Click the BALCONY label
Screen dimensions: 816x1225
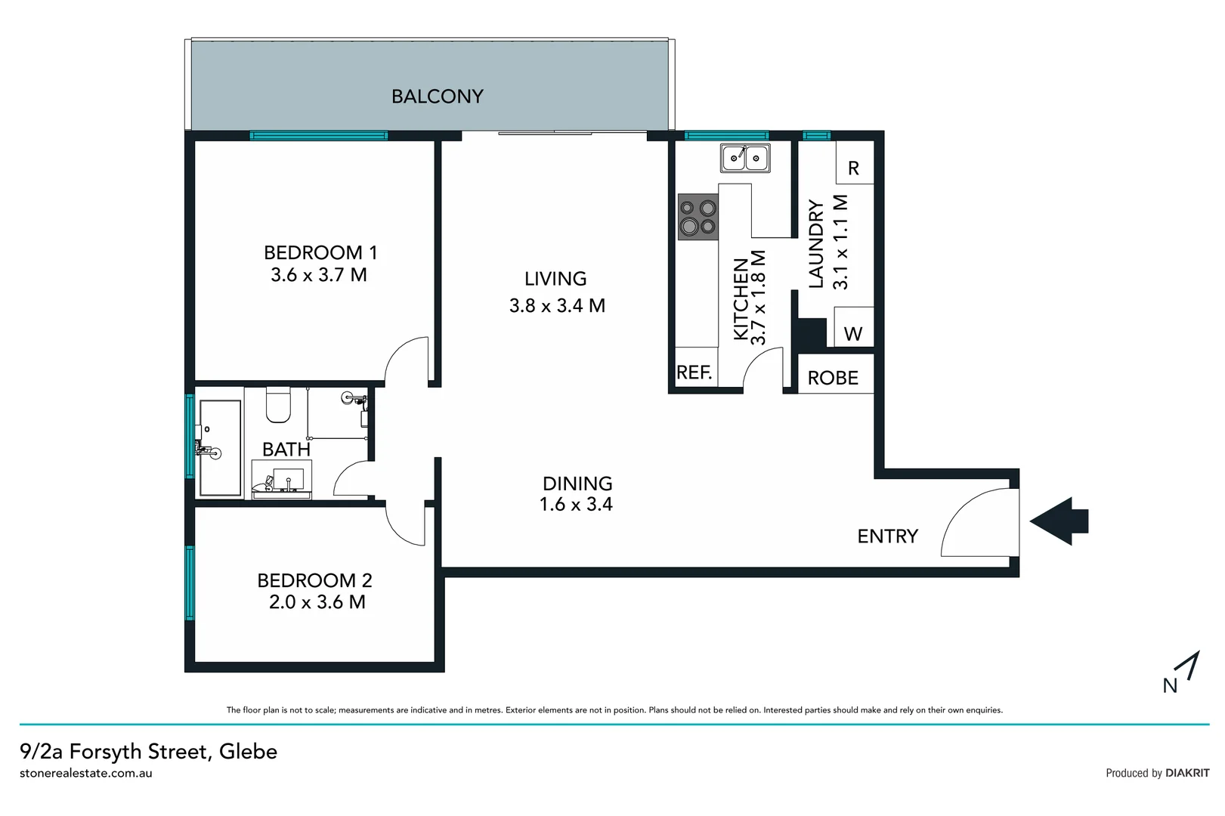pyautogui.click(x=437, y=97)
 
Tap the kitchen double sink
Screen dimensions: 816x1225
pyautogui.click(x=745, y=158)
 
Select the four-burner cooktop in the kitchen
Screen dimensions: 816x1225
pyautogui.click(x=698, y=217)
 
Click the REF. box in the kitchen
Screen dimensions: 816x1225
pyautogui.click(x=694, y=372)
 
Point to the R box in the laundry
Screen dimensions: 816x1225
pyautogui.click(x=854, y=168)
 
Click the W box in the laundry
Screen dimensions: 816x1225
pyautogui.click(x=853, y=333)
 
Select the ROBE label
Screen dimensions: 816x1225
pyautogui.click(x=833, y=378)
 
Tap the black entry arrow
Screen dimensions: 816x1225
pyautogui.click(x=1060, y=521)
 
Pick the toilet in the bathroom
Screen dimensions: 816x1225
pyautogui.click(x=278, y=406)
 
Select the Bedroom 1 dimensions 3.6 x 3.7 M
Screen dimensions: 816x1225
pyautogui.click(x=319, y=275)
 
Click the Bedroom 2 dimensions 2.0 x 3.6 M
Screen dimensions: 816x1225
pyautogui.click(x=317, y=602)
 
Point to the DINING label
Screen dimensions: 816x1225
pyautogui.click(x=577, y=484)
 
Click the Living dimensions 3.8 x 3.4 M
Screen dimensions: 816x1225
pyautogui.click(x=557, y=305)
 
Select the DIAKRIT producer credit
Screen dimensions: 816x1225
pyautogui.click(x=1187, y=773)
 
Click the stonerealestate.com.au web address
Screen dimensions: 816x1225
pyautogui.click(x=86, y=773)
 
